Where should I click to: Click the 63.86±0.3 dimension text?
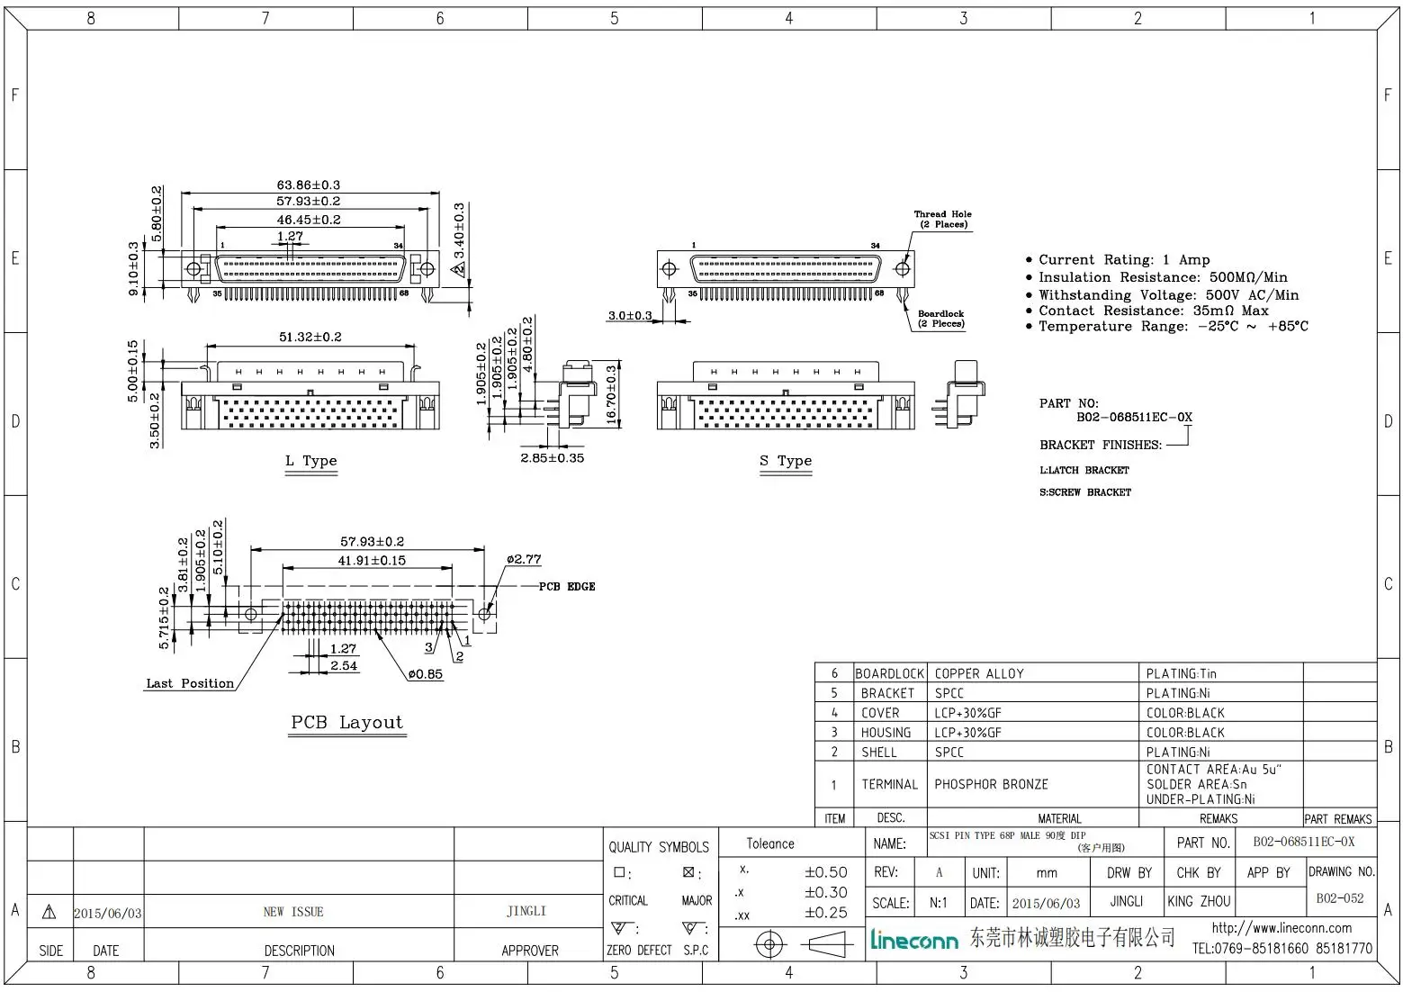point(308,185)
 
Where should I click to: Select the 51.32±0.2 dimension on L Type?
point(310,337)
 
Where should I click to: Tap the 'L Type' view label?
point(310,461)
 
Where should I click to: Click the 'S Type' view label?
point(785,461)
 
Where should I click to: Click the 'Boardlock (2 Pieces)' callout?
point(940,319)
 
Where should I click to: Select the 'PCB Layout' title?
point(346,723)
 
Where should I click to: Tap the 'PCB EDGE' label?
point(567,587)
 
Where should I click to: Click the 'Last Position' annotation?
point(190,684)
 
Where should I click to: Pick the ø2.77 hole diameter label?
point(524,559)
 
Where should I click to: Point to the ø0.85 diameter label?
point(425,674)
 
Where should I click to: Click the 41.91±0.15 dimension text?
point(372,560)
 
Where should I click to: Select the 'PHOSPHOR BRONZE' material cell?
point(991,784)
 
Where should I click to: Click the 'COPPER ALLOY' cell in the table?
point(979,673)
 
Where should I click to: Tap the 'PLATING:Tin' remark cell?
point(1181,673)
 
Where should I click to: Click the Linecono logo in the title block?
point(913,940)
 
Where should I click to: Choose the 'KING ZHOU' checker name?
point(1199,901)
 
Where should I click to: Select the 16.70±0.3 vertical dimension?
point(612,394)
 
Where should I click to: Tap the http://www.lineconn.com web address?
point(1282,928)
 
